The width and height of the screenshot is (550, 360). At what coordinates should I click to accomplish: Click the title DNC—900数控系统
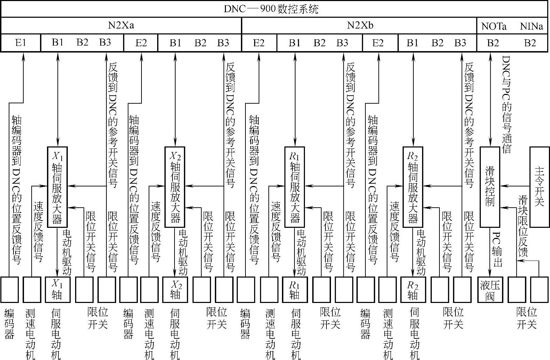point(271,9)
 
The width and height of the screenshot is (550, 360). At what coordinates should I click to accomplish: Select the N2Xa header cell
point(121,25)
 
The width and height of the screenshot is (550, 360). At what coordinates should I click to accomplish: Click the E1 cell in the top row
point(21,43)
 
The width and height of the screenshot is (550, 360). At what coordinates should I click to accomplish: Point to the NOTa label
point(494,26)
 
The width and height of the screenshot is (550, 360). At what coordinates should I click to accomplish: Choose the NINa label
point(531,26)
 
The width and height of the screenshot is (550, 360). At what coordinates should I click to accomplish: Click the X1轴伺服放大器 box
point(57,187)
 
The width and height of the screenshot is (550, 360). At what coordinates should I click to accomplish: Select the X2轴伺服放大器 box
point(175,187)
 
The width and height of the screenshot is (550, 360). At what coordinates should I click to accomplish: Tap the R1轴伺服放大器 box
point(294,187)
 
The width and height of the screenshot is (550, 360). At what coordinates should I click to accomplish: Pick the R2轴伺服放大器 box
point(413,187)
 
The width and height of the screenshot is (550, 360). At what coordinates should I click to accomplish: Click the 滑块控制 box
point(490,187)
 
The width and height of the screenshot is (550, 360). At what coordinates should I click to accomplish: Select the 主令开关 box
point(539,187)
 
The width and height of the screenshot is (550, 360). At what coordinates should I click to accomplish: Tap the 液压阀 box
point(490,290)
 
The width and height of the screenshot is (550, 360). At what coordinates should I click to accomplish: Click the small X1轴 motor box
point(57,290)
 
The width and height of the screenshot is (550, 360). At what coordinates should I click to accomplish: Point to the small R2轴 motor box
point(413,290)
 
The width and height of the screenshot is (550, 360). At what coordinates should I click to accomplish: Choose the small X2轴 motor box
point(175,290)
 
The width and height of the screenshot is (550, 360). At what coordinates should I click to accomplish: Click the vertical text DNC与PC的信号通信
point(507,104)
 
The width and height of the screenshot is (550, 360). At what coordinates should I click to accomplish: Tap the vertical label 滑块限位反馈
point(523,226)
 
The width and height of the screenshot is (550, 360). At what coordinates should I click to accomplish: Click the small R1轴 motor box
point(294,290)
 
